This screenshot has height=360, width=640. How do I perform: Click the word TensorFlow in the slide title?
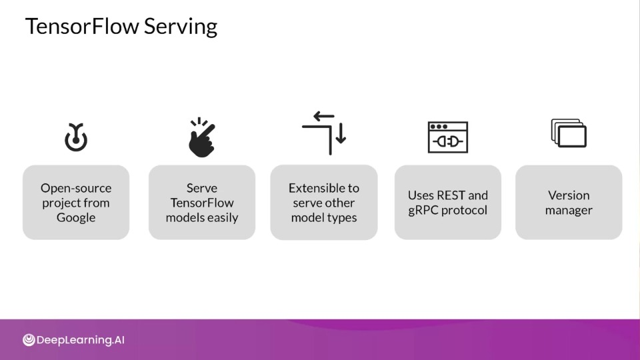pos(82,26)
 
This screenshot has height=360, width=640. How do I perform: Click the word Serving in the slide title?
pos(181,27)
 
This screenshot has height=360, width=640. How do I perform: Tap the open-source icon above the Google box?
pos(76,137)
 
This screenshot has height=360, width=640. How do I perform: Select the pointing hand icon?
pos(201,137)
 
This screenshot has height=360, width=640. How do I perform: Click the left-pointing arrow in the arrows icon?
pos(324,117)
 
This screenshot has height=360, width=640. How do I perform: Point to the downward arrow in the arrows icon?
pos(341,133)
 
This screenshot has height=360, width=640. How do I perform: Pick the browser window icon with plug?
pos(448,137)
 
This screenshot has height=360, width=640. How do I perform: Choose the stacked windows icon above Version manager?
pos(569,133)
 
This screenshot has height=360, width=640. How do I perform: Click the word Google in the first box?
pos(76,217)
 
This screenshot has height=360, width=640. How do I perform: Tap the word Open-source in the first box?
pos(76,188)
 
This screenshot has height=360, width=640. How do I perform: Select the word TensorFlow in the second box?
pos(202,203)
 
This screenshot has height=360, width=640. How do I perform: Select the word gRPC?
pos(423,210)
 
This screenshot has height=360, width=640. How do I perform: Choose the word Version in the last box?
pos(569,195)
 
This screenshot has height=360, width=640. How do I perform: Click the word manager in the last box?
pos(569,210)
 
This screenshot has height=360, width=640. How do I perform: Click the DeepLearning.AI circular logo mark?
pos(29,339)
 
